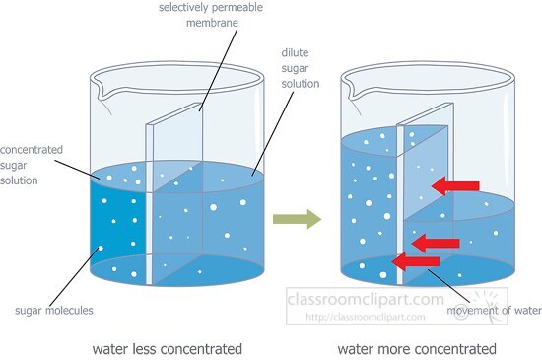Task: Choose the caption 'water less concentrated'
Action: [x=167, y=348]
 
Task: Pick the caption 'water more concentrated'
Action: [x=417, y=348]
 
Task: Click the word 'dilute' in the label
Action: [x=293, y=53]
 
